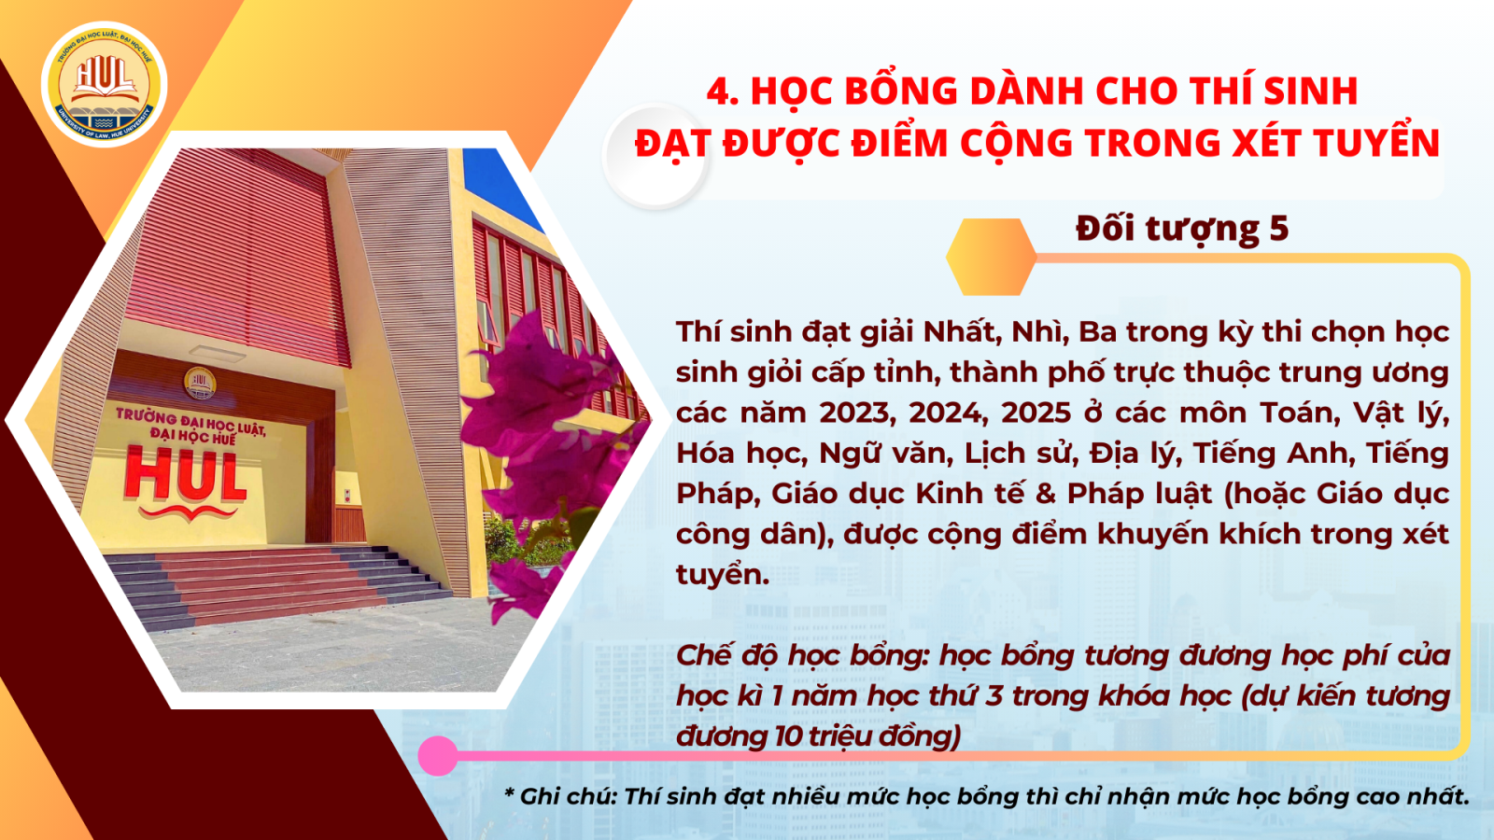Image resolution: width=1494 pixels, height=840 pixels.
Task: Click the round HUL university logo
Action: pos(104,84)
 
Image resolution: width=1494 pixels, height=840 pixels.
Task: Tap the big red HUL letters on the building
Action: pos(185,478)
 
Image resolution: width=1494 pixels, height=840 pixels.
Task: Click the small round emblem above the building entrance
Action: pos(200,383)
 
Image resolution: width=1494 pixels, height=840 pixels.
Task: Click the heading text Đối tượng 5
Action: pos(1182,229)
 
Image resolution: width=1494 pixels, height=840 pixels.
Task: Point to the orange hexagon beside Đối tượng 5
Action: pos(991,257)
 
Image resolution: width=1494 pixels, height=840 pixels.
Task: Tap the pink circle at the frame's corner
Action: pos(438,755)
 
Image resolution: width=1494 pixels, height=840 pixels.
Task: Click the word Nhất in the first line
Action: pos(964,332)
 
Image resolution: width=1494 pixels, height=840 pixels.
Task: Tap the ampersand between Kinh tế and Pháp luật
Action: pos(1045,494)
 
